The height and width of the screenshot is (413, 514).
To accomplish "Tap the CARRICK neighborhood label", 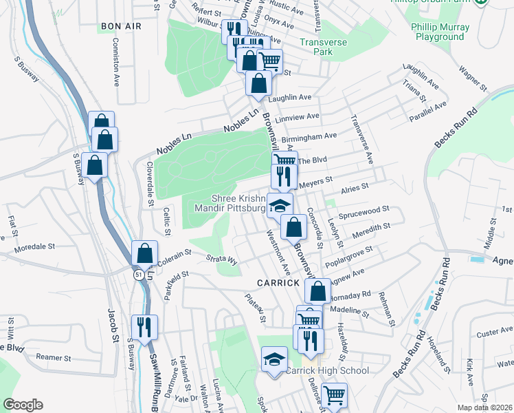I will (278, 283).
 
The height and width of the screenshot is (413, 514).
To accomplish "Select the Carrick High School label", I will (326, 370).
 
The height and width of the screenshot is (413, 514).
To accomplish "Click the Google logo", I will (23, 405).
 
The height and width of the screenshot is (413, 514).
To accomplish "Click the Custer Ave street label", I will (491, 333).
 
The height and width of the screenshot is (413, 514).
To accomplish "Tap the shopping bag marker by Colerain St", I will (145, 253).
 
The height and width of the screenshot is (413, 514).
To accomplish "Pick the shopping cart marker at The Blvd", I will (284, 160).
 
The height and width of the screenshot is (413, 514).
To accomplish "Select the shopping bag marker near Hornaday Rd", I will (317, 290).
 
